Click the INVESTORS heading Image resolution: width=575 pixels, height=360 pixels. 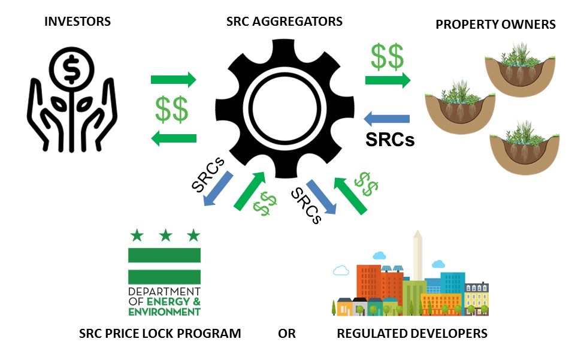click(x=77, y=21)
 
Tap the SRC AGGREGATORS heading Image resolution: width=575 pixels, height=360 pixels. click(x=284, y=21)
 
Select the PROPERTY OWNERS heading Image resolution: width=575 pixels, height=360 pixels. click(x=495, y=25)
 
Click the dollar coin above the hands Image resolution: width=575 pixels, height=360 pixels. click(x=72, y=68)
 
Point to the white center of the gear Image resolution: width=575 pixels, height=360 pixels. click(x=285, y=109)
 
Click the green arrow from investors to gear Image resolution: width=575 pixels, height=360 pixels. click(x=174, y=80)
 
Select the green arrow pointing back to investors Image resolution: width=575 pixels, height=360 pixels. click(x=174, y=138)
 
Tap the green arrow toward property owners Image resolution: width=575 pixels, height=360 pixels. click(x=388, y=80)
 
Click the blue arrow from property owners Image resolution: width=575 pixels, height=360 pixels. click(x=386, y=119)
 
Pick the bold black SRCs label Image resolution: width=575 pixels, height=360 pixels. click(x=390, y=140)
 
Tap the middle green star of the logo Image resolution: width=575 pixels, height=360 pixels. click(x=165, y=235)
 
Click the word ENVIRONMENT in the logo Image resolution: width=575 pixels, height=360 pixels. click(x=164, y=312)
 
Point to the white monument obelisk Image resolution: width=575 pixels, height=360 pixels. click(x=417, y=256)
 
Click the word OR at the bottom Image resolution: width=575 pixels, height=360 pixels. click(x=286, y=334)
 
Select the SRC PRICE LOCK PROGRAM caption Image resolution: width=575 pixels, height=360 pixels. click(x=160, y=334)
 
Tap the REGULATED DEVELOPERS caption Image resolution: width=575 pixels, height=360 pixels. click(x=412, y=334)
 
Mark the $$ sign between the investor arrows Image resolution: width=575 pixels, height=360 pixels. click(x=172, y=109)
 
